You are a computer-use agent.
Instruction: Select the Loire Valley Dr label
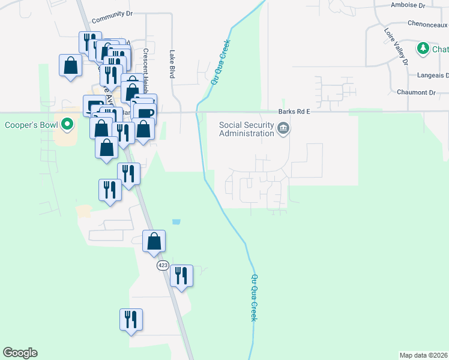click(x=396, y=46)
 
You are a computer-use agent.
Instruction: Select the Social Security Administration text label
click(x=246, y=129)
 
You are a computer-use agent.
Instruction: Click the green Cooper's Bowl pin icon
click(x=67, y=125)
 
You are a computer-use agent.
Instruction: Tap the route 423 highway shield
click(x=163, y=265)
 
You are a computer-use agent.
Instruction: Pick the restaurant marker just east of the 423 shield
click(x=181, y=275)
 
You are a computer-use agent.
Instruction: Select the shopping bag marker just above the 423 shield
click(x=154, y=241)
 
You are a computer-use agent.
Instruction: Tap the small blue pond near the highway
click(x=176, y=221)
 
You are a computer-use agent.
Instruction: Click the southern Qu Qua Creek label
click(x=254, y=298)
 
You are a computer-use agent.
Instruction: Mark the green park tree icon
click(x=423, y=48)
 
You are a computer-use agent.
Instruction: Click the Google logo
click(x=20, y=353)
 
